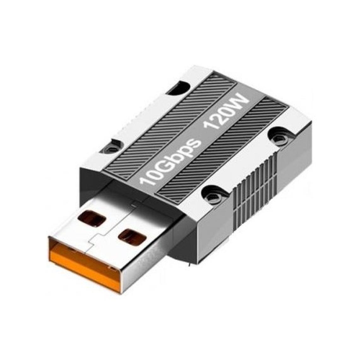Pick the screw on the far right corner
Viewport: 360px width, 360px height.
(x=279, y=136)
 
